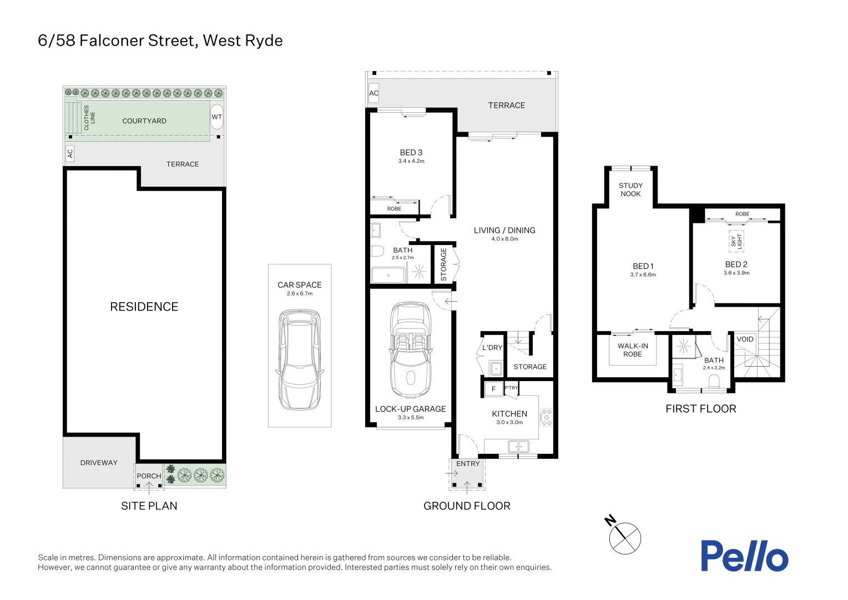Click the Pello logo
[744, 556]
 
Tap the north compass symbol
[624, 538]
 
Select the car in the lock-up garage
[411, 350]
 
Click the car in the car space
[300, 359]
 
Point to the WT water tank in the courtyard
[216, 117]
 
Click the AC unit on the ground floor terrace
[374, 93]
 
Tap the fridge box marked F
[493, 389]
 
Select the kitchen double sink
[518, 446]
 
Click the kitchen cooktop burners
[547, 417]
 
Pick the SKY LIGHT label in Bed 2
[736, 241]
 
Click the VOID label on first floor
[745, 339]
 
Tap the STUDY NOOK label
[630, 189]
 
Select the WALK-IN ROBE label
[633, 350]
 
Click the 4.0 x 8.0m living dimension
[504, 239]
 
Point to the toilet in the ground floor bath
[377, 251]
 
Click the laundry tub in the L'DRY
[496, 368]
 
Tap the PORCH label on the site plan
[149, 476]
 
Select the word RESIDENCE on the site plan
[144, 307]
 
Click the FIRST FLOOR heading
[700, 409]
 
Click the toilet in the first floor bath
[715, 381]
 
